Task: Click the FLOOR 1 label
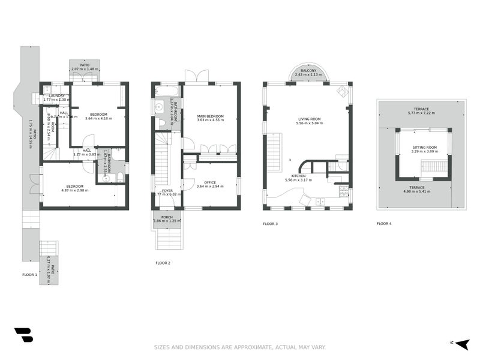(x=29, y=274)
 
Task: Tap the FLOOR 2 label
(x=163, y=263)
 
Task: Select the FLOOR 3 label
(x=270, y=224)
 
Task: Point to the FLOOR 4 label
(x=384, y=224)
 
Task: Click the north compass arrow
(x=461, y=343)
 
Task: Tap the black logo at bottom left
(x=23, y=335)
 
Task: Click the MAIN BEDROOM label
(x=210, y=116)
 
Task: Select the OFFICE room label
(x=210, y=182)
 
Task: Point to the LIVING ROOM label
(x=308, y=119)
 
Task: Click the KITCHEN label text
(x=292, y=176)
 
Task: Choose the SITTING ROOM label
(x=424, y=147)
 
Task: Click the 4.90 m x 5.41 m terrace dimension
(x=422, y=191)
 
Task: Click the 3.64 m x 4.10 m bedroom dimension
(x=98, y=118)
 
